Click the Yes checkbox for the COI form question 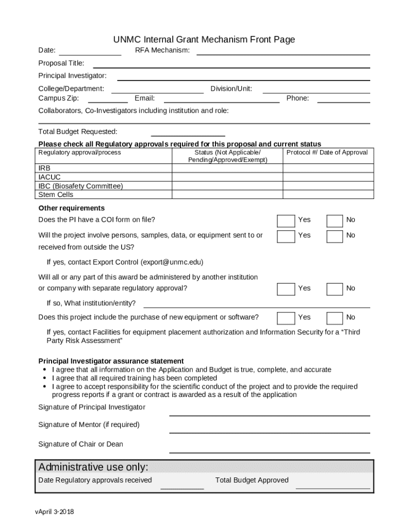(x=286, y=221)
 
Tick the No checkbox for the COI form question (x=335, y=221)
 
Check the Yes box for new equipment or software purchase (x=286, y=318)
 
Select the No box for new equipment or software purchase (x=335, y=318)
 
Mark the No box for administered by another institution (x=335, y=289)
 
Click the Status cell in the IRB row (x=227, y=168)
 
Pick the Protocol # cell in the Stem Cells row (x=328, y=194)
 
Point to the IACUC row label (x=49, y=177)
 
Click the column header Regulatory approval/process (x=80, y=153)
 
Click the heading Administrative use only (x=93, y=467)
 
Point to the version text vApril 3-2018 (x=55, y=512)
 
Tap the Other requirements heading (x=72, y=208)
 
